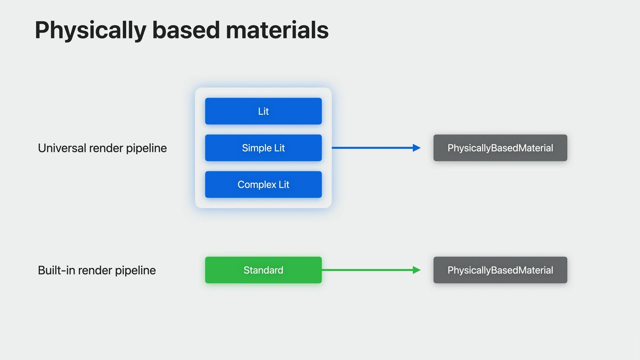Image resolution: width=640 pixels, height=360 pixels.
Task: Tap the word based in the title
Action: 186,30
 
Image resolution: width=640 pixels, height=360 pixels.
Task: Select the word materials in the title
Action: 277,30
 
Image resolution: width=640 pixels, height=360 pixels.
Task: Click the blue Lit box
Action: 263,111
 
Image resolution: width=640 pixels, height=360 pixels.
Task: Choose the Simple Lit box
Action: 263,148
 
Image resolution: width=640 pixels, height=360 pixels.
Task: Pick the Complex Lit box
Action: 263,184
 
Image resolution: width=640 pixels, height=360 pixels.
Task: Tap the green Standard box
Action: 263,270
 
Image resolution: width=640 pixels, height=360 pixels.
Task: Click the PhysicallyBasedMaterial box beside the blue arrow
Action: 500,148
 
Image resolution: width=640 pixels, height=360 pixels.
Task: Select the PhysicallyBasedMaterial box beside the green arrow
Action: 500,270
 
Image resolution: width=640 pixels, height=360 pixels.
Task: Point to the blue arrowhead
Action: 417,148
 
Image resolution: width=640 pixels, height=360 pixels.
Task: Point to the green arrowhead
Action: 417,270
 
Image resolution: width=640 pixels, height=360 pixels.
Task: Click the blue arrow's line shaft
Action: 372,148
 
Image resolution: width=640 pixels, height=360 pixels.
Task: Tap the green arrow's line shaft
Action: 367,270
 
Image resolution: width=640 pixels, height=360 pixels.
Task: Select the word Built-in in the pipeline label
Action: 56,270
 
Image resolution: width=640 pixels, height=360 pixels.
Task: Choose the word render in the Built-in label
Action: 95,270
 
